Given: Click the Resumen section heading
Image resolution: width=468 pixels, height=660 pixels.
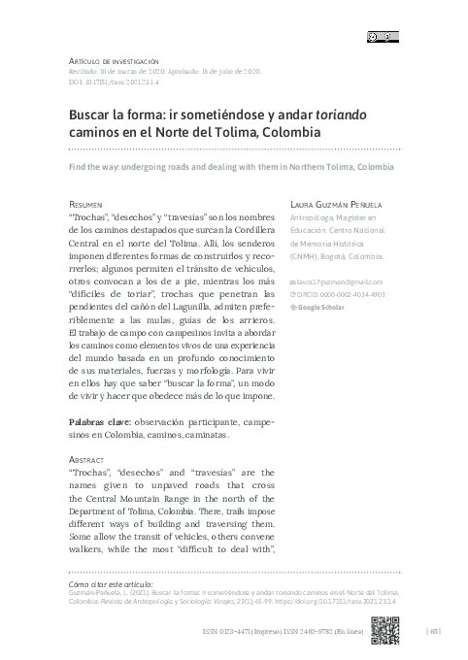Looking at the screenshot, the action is pos(86,207).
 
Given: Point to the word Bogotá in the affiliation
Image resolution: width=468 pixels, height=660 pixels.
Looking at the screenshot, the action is pos(346,259).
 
